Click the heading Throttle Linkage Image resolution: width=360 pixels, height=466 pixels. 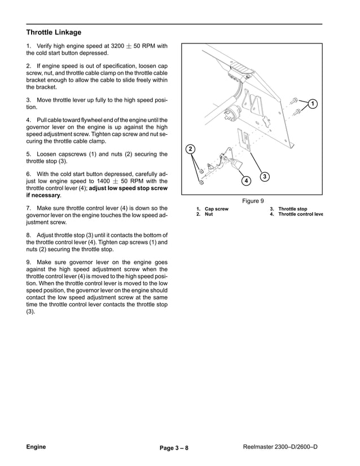click(54, 32)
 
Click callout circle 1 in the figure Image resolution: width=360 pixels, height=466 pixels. click(312, 104)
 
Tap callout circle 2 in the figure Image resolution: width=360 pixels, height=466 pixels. click(191, 149)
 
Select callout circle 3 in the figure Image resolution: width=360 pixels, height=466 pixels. click(264, 177)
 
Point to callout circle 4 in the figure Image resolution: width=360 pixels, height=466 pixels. click(246, 181)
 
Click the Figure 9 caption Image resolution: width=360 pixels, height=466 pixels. click(253, 200)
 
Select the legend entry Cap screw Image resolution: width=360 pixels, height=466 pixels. click(216, 209)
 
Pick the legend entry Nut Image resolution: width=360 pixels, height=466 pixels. click(209, 214)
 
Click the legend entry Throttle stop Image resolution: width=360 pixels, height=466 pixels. click(292, 209)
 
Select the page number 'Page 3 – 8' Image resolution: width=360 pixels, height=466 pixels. click(174, 449)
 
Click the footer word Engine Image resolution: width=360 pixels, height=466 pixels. click(36, 447)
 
